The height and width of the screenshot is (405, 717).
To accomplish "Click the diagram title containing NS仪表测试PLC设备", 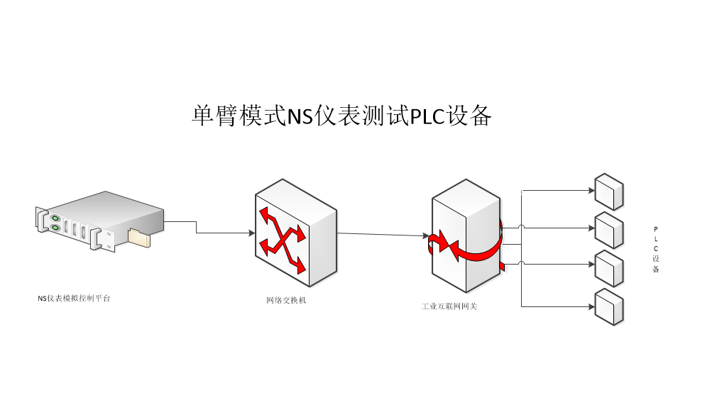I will pyautogui.click(x=341, y=116).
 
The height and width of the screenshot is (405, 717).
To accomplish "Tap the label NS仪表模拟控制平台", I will pyautogui.click(x=74, y=299).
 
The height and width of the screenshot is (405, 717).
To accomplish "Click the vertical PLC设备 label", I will pyautogui.click(x=656, y=249).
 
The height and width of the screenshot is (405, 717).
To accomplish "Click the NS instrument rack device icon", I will pyautogui.click(x=99, y=221).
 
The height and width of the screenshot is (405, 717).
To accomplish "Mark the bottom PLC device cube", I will pyautogui.click(x=609, y=306).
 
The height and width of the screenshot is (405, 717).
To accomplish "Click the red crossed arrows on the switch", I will pyautogui.click(x=283, y=239).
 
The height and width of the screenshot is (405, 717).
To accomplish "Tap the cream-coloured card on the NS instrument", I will pyautogui.click(x=139, y=238).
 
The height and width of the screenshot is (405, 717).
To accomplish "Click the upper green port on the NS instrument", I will pyautogui.click(x=55, y=217).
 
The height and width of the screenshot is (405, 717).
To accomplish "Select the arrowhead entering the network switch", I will pyautogui.click(x=252, y=233).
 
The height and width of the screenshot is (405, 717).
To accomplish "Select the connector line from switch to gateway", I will pyautogui.click(x=383, y=234).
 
